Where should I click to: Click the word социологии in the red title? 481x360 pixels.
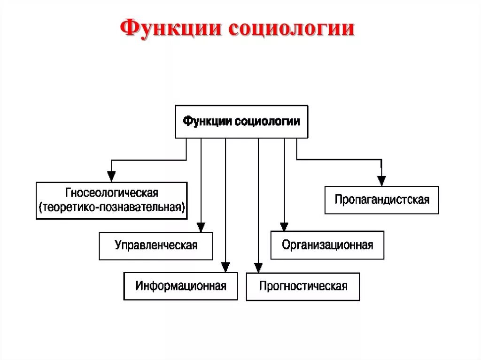pyautogui.click(x=291, y=28)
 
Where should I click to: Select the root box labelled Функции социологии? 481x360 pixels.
pyautogui.click(x=241, y=122)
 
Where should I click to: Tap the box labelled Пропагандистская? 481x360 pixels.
pyautogui.click(x=381, y=200)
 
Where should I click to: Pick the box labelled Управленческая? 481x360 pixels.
pyautogui.click(x=155, y=245)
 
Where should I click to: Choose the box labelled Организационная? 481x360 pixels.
pyautogui.click(x=327, y=245)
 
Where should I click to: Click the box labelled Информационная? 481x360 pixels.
pyautogui.click(x=180, y=286)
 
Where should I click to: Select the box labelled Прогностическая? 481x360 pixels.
pyautogui.click(x=303, y=286)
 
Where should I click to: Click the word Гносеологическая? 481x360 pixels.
pyautogui.click(x=112, y=193)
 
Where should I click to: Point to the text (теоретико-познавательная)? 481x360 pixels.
pyautogui.click(x=112, y=207)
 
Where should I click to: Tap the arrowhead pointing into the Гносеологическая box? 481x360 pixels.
pyautogui.click(x=111, y=177)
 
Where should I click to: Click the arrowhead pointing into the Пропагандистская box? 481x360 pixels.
pyautogui.click(x=381, y=180)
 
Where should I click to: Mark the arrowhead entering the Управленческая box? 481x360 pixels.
pyautogui.click(x=201, y=227)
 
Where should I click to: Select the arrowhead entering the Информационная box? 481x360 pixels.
pyautogui.click(x=225, y=267)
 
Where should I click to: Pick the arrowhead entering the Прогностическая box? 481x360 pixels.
pyautogui.click(x=258, y=268)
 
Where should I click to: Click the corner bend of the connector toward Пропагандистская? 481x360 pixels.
pyautogui.click(x=381, y=160)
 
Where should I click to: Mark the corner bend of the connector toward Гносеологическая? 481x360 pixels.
pyautogui.click(x=111, y=160)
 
